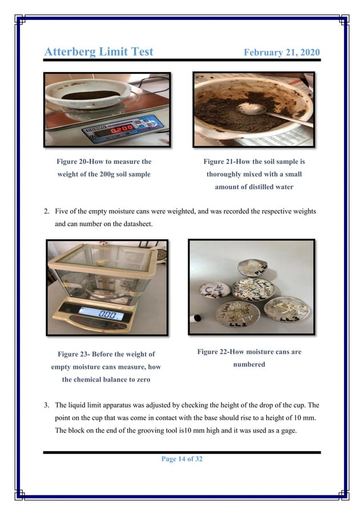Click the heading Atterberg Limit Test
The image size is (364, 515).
99,51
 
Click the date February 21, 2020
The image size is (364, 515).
282,53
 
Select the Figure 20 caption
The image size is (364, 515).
103,168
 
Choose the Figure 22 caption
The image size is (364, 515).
249,358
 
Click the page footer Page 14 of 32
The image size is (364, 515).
182,459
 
